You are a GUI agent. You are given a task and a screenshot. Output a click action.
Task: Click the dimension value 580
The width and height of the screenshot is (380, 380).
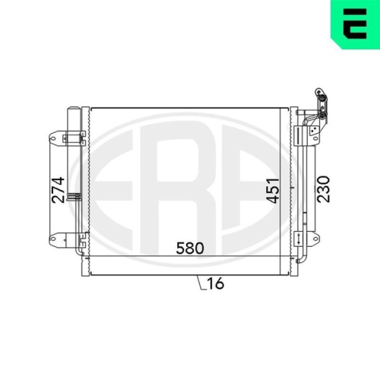[190, 248]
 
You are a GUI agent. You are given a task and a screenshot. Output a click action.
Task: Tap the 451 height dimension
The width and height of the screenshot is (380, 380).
[273, 191]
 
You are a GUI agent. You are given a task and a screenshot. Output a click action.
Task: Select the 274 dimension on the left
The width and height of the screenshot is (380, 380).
[58, 190]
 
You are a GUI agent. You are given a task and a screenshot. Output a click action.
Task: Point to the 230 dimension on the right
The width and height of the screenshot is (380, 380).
[324, 189]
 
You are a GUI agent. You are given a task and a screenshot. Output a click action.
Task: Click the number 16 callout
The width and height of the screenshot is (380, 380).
[216, 283]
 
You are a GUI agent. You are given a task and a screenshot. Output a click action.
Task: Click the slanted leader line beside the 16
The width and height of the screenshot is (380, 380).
[200, 282]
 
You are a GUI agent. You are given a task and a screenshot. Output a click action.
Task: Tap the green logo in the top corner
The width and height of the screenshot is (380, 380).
[355, 24]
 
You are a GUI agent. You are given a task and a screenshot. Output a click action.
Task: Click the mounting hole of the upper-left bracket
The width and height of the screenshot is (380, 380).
[52, 138]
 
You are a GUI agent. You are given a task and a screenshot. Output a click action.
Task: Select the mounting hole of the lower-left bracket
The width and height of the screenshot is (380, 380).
[52, 239]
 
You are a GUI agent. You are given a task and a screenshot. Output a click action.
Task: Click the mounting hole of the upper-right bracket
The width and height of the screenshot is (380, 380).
[315, 138]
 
